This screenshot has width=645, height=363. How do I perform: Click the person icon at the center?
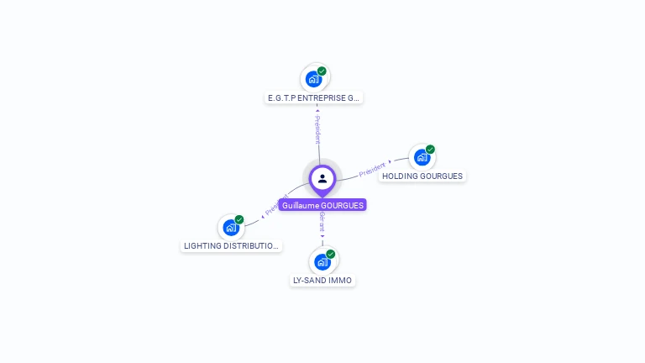point(322,178)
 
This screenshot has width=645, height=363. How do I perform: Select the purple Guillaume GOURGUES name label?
point(322,205)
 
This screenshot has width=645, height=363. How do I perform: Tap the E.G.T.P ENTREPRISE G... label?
point(313,97)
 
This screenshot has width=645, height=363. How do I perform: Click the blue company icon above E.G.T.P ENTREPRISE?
point(313,79)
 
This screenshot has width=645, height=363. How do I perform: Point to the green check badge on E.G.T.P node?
point(322,71)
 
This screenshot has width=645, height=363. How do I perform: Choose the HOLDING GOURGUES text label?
point(422,176)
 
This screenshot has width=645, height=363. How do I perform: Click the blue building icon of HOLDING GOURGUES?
point(422,157)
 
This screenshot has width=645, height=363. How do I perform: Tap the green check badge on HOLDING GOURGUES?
point(430,150)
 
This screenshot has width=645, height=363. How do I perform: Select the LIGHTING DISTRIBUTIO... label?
point(231,246)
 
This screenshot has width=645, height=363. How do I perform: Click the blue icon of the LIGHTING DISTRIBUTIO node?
point(230,228)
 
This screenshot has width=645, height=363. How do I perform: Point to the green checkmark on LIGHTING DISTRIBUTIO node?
point(239,219)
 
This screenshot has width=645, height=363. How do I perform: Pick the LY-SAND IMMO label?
point(322,280)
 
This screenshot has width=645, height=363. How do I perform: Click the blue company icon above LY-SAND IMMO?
point(322,261)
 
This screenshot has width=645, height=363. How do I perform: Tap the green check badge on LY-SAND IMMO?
point(331,254)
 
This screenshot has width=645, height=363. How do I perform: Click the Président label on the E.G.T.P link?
point(317,130)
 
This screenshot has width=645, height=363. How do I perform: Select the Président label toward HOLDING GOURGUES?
point(371,169)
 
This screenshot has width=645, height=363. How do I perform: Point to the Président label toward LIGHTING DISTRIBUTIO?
point(277,206)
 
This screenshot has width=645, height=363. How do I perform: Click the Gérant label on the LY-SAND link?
point(322,222)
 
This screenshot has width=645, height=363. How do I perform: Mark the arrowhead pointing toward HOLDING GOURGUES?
point(390,160)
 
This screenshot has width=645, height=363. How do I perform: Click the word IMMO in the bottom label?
point(341,280)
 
